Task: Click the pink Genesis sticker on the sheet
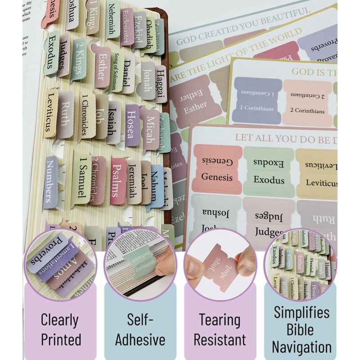[217, 169]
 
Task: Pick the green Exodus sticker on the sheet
[269, 171]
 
